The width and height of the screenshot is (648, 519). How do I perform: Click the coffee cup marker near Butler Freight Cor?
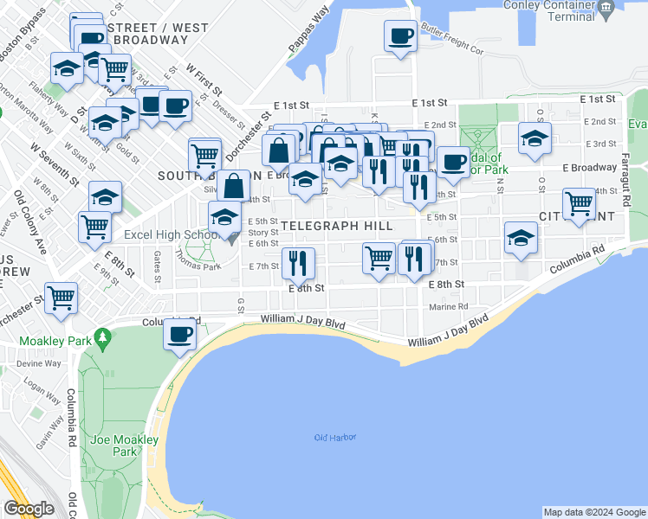(400, 36)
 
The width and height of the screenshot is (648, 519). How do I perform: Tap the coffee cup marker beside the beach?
(179, 334)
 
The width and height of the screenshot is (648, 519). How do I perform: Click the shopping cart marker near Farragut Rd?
(578, 204)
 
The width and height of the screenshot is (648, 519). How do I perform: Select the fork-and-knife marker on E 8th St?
(300, 263)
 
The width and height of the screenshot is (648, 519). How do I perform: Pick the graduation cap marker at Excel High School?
(224, 217)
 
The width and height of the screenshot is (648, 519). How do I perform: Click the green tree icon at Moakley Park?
(102, 335)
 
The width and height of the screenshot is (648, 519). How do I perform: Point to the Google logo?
(29, 509)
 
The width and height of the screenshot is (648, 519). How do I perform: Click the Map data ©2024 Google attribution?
(593, 512)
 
